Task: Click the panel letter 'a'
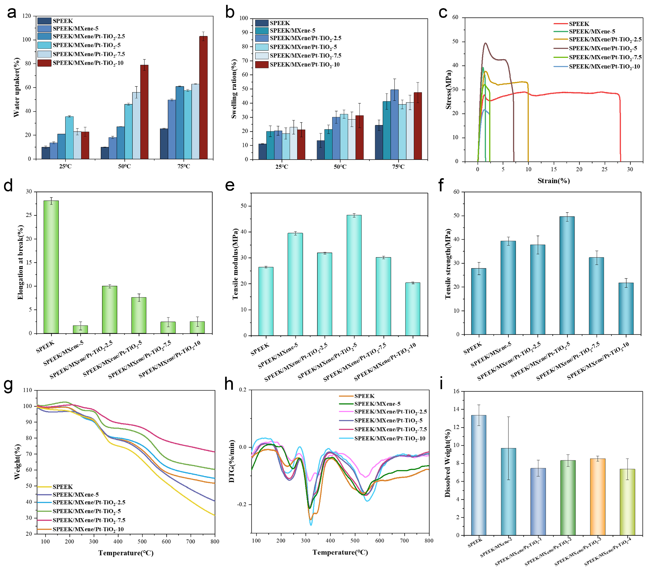pos(11,13)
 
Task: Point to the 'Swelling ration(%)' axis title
pos(234,89)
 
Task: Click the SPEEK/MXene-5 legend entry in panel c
pos(592,31)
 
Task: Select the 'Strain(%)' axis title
pos(553,181)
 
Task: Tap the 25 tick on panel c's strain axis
pos(604,169)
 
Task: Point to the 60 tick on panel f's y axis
pos(456,192)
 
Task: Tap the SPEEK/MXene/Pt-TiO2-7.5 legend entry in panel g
pos(89,520)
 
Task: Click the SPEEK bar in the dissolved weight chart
pos(478,475)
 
